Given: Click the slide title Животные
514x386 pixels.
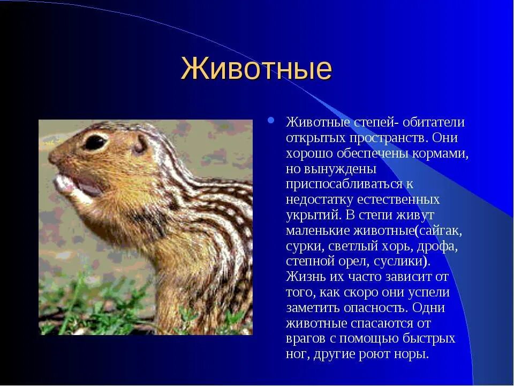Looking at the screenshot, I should (x=256, y=69).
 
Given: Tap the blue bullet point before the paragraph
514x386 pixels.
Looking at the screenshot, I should (x=271, y=120).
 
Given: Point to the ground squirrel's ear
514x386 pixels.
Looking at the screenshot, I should (x=141, y=144).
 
